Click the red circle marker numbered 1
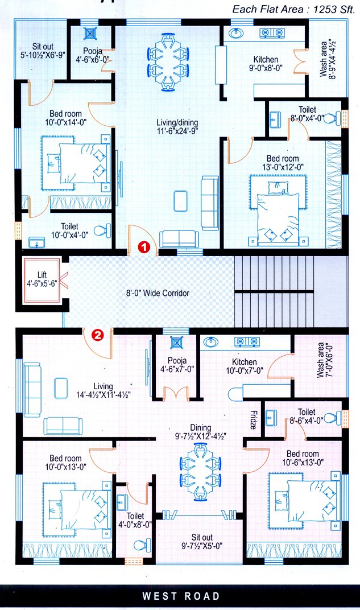pos(144,248)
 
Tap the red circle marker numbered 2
pos(98,335)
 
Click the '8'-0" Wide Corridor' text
pos(158,294)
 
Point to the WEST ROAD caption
pos(181,596)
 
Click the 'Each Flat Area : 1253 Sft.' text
pos(293,9)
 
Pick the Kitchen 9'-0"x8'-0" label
pos(266,64)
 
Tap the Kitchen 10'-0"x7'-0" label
pos(244,366)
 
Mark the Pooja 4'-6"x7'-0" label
pos(177,364)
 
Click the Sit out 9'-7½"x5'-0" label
pos(202,541)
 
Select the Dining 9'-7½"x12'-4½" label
pos(201,432)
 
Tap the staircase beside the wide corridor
pos(274,291)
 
